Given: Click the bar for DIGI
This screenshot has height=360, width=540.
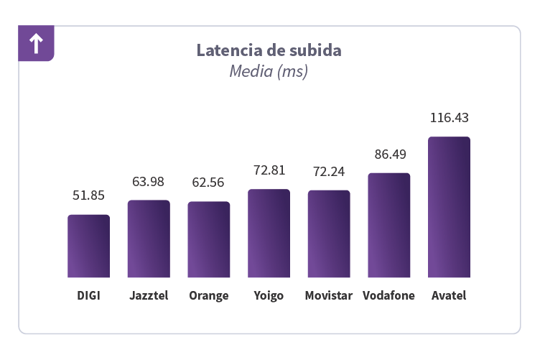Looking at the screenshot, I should pos(89,246).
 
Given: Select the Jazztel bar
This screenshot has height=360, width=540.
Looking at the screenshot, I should pos(149,239).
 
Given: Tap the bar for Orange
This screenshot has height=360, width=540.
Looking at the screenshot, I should pos(209,239).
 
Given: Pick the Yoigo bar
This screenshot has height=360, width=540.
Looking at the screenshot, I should pos(269,233).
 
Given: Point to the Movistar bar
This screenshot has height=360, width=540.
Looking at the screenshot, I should pos(329,234).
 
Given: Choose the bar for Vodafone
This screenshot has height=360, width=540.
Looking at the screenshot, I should pos(389,225).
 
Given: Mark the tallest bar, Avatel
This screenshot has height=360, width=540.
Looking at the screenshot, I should pos(449,207).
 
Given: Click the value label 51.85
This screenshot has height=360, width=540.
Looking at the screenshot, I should pos(89,195).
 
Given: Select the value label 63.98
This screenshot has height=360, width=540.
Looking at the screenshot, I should pos(149,181).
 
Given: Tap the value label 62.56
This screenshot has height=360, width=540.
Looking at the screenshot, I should pos(209,183).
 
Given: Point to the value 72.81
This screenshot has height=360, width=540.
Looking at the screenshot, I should pos(269,170).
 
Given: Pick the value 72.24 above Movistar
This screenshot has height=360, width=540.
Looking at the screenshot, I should pos(329,171).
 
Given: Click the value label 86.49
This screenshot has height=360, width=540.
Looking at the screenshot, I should pos(389,154).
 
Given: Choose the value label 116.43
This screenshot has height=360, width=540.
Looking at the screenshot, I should pos(449,118).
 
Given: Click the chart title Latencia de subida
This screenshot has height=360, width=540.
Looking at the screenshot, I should pos(269,51).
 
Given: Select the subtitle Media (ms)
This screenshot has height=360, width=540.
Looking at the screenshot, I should pos(269,72).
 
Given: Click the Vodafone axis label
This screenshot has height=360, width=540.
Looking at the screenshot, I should pos(389,296).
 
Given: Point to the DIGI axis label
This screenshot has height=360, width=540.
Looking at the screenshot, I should pos(89,296).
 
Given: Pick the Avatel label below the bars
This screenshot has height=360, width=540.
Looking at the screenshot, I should pos(449,296).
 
